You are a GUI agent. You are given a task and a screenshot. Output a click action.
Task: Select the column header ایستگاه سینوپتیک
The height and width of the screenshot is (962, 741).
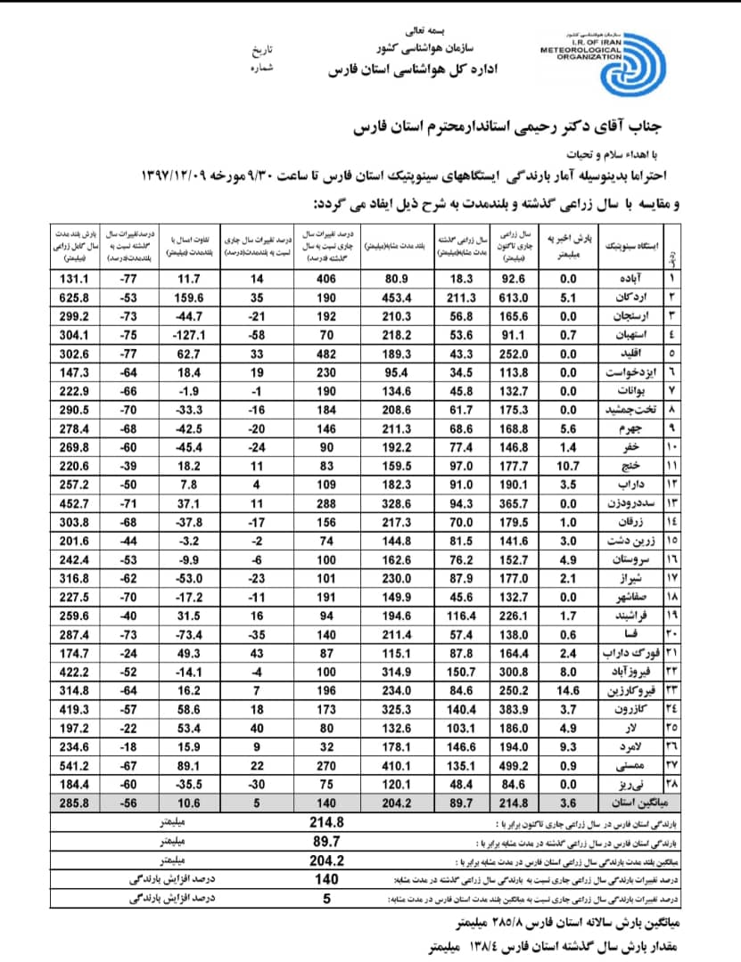(628, 243)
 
